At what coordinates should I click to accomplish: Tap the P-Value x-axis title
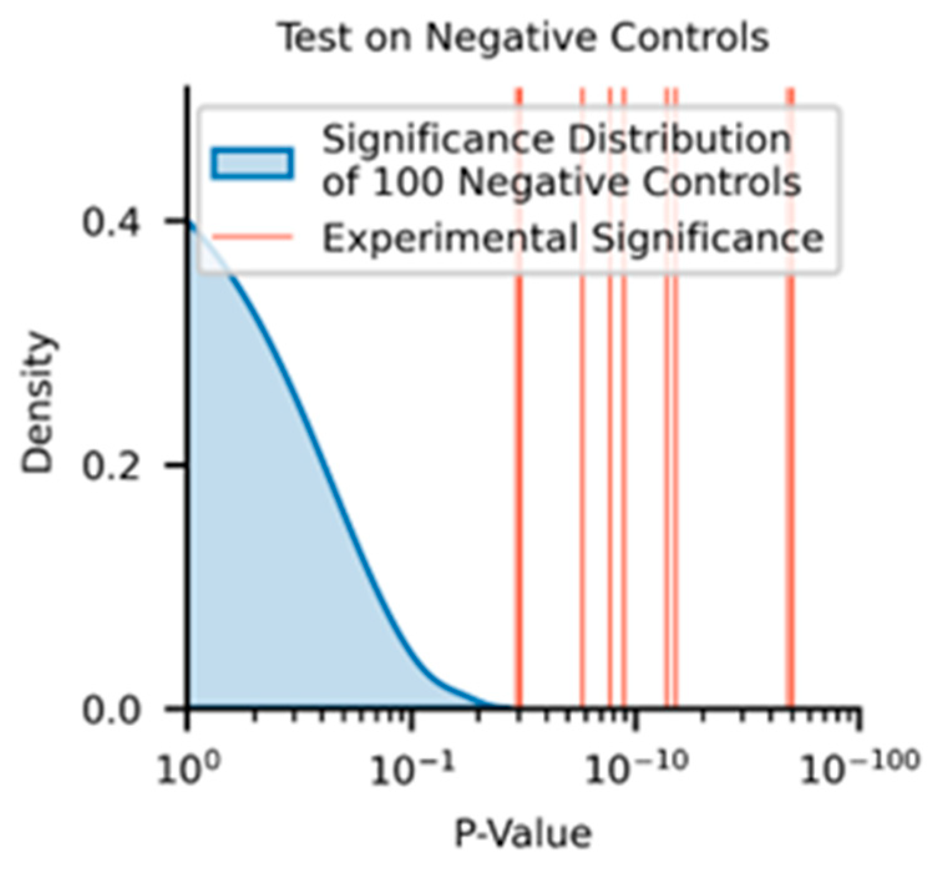[x=522, y=834]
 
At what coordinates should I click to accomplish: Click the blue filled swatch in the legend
[x=252, y=163]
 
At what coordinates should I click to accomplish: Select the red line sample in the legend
[x=252, y=237]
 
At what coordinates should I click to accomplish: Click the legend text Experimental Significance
[x=572, y=238]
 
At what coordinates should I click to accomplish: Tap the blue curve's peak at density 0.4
[x=189, y=223]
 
